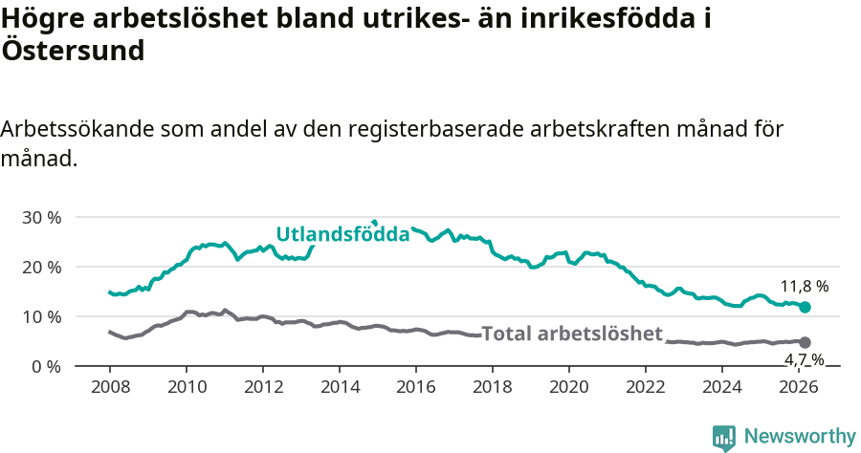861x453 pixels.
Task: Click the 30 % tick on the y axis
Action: pyautogui.click(x=41, y=217)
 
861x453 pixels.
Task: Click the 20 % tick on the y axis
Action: pyautogui.click(x=41, y=267)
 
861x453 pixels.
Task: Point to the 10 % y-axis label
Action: pyautogui.click(x=41, y=316)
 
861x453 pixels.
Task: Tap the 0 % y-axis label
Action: pyautogui.click(x=46, y=366)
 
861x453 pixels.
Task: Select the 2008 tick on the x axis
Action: pyautogui.click(x=110, y=386)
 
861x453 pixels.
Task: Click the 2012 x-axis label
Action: pyautogui.click(x=263, y=386)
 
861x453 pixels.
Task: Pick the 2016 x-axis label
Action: pyautogui.click(x=416, y=386)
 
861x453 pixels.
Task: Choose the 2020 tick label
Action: pyautogui.click(x=569, y=386)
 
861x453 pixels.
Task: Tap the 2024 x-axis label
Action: pyautogui.click(x=722, y=386)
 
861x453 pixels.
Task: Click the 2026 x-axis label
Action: pyautogui.click(x=799, y=386)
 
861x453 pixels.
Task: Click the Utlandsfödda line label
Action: pyautogui.click(x=342, y=234)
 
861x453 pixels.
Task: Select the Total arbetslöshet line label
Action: pyautogui.click(x=572, y=334)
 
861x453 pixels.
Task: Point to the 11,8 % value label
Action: pyautogui.click(x=804, y=286)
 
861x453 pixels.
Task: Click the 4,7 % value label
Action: pyautogui.click(x=805, y=359)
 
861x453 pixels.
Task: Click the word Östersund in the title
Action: pyautogui.click(x=73, y=51)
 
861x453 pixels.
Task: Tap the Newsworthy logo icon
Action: pyautogui.click(x=724, y=438)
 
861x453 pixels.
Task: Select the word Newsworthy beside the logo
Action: pyautogui.click(x=800, y=436)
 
